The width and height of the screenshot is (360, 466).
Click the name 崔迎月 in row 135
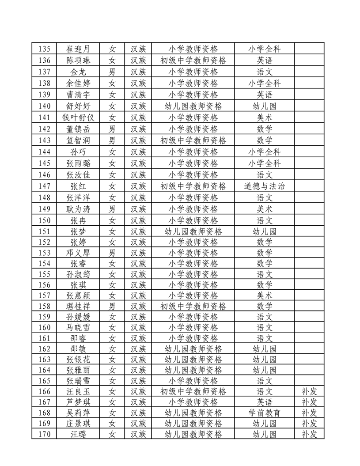coord(78,49)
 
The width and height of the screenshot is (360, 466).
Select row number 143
coord(45,140)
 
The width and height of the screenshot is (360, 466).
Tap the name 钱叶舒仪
coord(78,117)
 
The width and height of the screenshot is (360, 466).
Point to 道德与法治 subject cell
coord(265,186)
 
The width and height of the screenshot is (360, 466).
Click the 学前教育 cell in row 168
coord(265,413)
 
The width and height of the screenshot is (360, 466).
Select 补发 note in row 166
coord(309,391)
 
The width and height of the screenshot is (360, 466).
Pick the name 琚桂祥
coord(78,306)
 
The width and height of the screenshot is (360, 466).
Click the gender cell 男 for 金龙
coord(112,72)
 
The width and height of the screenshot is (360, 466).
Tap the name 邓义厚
coord(78,253)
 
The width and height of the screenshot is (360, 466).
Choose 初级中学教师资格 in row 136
coord(193,60)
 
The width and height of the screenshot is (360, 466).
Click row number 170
coord(45,434)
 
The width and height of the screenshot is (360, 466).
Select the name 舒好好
coord(78,106)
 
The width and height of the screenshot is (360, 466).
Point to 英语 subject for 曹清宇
coord(265,95)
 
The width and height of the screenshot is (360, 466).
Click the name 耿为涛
coord(78,209)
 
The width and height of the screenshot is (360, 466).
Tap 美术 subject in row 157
coord(265,295)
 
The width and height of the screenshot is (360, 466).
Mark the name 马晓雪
coord(78,327)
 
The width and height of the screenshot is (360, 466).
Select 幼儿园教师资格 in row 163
coord(193,360)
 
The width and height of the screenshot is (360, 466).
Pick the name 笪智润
coord(78,140)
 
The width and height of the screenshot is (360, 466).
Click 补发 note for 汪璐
coord(309,434)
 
